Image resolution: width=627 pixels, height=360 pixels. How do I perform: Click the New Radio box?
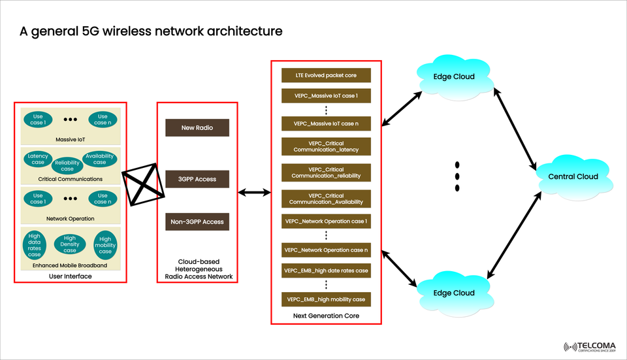(197, 128)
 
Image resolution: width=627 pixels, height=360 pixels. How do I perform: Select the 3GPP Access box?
(197, 179)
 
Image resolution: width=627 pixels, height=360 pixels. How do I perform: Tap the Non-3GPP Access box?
(197, 222)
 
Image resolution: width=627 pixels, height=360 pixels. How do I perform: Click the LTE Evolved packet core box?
(326, 75)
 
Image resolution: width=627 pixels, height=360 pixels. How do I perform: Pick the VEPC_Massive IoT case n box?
(326, 123)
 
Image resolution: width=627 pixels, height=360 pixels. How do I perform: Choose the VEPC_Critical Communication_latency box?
(326, 146)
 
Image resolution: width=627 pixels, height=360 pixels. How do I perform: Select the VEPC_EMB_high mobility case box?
(326, 299)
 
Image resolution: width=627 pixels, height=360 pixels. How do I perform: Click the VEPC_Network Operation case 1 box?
(326, 221)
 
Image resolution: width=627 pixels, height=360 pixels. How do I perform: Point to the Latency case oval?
(38, 159)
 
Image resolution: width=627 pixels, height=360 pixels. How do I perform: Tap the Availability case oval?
(99, 159)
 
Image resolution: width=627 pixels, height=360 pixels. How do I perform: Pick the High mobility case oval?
(105, 244)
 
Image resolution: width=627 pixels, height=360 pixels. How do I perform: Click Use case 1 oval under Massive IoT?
(38, 120)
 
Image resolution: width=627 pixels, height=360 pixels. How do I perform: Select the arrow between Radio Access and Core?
(254, 192)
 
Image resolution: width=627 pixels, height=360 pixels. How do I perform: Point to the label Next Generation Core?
(326, 316)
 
